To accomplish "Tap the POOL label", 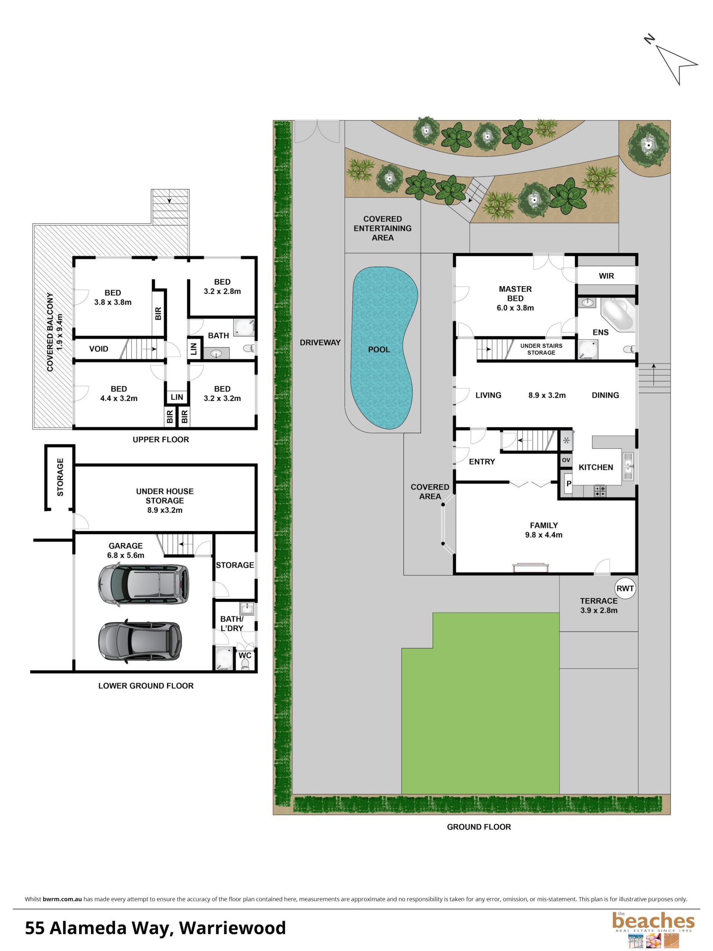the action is (x=379, y=350).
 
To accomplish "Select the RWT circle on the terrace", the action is (x=625, y=588).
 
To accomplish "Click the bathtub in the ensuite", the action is (x=617, y=314).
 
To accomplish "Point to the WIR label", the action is (x=606, y=276).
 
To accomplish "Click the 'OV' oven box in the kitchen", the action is (x=566, y=460).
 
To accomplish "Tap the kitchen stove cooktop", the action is (x=600, y=491).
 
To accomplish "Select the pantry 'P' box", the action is (x=568, y=484).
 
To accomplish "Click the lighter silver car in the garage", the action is (x=144, y=585).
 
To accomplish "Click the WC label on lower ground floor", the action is (x=245, y=655).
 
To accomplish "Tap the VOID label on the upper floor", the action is (x=98, y=349).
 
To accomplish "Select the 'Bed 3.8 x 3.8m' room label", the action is (x=113, y=298).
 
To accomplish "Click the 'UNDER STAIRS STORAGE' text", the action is (x=541, y=349).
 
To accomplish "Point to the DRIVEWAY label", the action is (x=320, y=343).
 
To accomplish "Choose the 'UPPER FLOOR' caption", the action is (x=161, y=439).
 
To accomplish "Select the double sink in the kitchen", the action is (x=628, y=466).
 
